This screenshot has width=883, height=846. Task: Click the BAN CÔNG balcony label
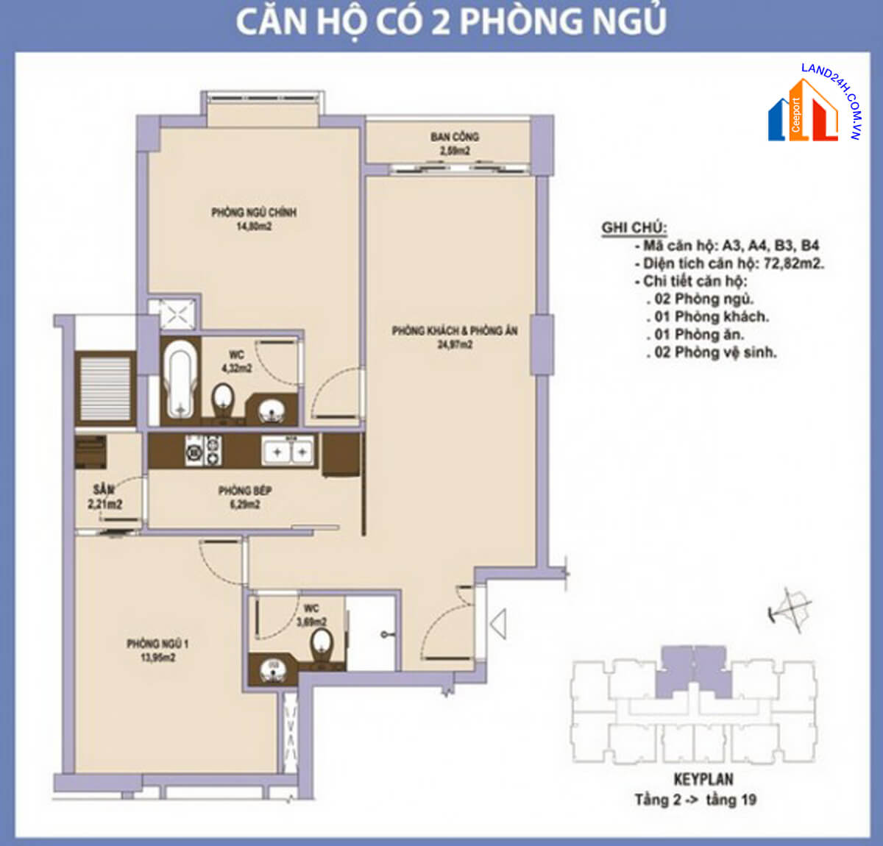tap(454, 137)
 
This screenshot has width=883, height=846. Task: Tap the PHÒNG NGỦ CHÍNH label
tap(254, 213)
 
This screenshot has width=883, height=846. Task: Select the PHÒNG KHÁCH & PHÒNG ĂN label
tap(454, 331)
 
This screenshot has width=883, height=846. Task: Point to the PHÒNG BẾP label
tap(244, 491)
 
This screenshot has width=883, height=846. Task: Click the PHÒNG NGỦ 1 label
tap(157, 644)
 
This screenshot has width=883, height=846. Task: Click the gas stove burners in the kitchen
tap(203, 449)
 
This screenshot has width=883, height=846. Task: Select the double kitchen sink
tap(289, 450)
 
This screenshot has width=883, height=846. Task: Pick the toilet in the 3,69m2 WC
tap(322, 647)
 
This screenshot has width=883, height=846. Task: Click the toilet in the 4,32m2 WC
tap(222, 401)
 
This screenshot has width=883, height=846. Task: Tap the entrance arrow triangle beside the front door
tap(498, 625)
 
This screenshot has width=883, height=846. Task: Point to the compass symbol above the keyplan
tap(790, 608)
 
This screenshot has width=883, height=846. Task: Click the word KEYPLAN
tap(703, 780)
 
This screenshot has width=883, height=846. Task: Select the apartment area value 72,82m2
tap(794, 263)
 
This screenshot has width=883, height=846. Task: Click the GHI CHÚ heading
tap(634, 227)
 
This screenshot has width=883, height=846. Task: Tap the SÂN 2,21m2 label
tap(104, 497)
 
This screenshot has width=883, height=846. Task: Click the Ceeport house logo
tap(803, 113)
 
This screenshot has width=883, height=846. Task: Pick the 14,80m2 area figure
tap(254, 227)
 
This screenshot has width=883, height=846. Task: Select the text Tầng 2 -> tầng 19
tap(695, 800)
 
